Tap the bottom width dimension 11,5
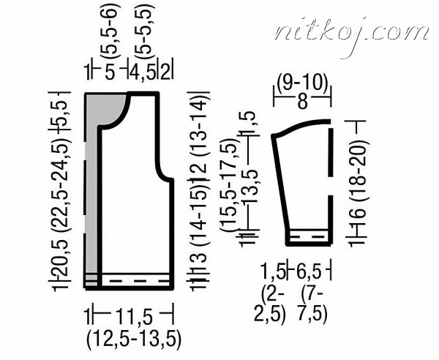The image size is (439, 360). [x=134, y=317]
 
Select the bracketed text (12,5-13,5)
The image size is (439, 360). [x=134, y=340]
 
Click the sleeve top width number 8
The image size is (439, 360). [x=303, y=101]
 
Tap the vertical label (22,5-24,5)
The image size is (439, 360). [x=62, y=185]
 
